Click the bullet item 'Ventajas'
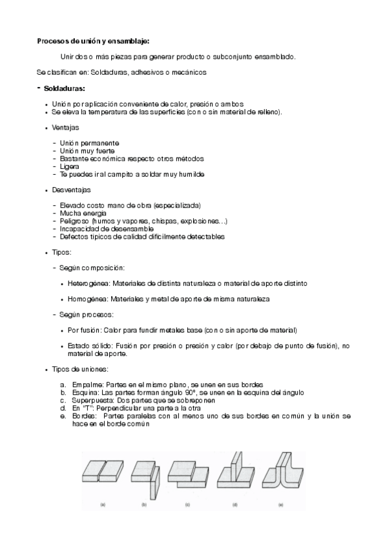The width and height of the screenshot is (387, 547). click(66, 128)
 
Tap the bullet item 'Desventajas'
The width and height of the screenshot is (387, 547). click(71, 190)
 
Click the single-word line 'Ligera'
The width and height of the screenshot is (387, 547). click(69, 166)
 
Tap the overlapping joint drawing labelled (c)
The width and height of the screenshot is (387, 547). click(187, 473)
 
